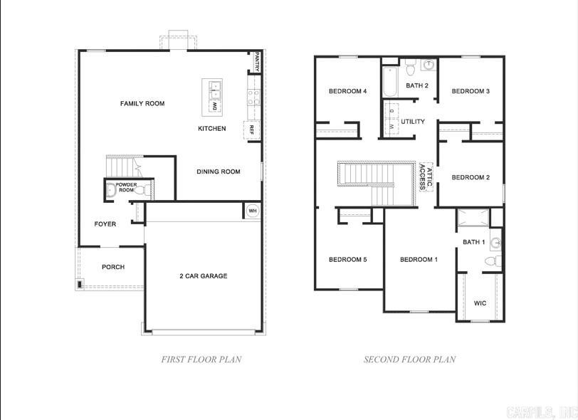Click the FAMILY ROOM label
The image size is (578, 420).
[x=142, y=104]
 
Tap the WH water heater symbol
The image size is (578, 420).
[x=253, y=211]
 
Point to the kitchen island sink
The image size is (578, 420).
[x=215, y=88]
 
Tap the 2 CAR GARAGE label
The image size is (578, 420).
[x=203, y=276]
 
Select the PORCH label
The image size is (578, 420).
[x=112, y=267]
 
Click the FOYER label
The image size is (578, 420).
[x=105, y=224]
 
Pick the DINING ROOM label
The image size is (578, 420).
[x=218, y=172]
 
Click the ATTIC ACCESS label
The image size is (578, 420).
[x=424, y=177]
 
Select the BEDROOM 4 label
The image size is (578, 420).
[x=347, y=91]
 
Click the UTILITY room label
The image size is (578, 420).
[x=413, y=122]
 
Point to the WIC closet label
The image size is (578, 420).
[x=480, y=303]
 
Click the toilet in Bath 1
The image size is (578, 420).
[x=493, y=261]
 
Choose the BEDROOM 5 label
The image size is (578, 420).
[x=347, y=260]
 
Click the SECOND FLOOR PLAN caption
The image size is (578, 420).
[x=409, y=359]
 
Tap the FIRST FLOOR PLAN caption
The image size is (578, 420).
[x=201, y=359]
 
